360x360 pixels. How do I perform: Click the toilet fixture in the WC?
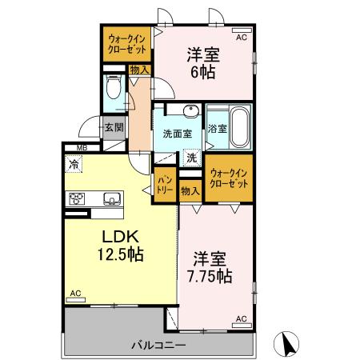pyautogui.click(x=112, y=87)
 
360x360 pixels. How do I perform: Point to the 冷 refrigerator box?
pyautogui.click(x=74, y=165)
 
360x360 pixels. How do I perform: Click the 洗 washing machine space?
pyautogui.click(x=191, y=158)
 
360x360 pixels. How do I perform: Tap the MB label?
pyautogui.click(x=82, y=147)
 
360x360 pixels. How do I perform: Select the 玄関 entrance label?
pyautogui.click(x=114, y=126)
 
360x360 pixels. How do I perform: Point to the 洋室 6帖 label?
pyautogui.click(x=203, y=62)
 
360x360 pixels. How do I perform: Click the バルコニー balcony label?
pyautogui.click(x=159, y=346)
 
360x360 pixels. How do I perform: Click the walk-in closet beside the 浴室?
pyautogui.click(x=229, y=178)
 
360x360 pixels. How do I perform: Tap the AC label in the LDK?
pyautogui.click(x=75, y=294)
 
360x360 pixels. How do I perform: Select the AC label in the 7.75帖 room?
pyautogui.click(x=240, y=318)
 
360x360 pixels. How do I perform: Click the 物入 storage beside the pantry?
pyautogui.click(x=190, y=191)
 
